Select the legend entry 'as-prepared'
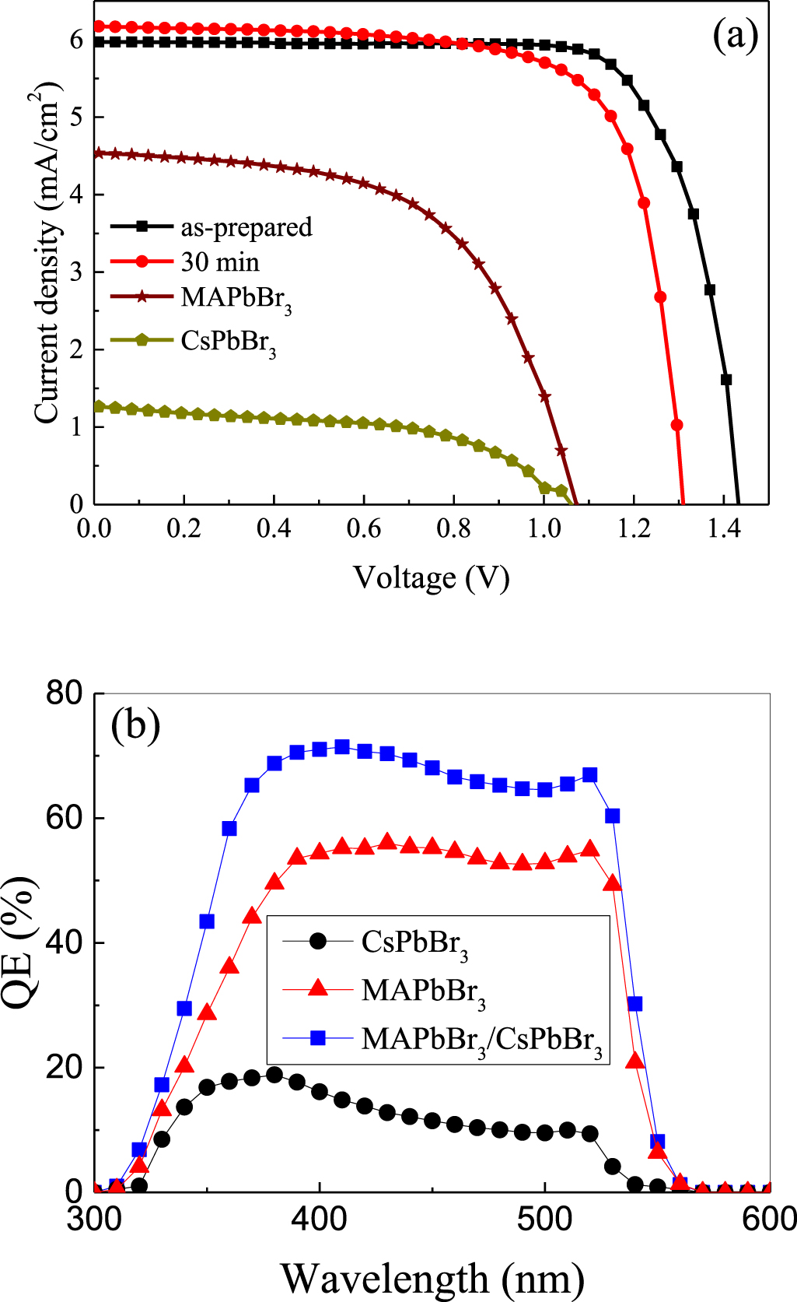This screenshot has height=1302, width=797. [246, 226]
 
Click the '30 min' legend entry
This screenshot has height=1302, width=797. [220, 262]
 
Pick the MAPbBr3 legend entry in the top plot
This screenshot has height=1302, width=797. [236, 298]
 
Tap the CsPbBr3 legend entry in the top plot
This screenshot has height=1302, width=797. [229, 342]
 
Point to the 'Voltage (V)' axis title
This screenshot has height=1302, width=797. [432, 577]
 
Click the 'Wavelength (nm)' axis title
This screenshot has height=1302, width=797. [432, 1277]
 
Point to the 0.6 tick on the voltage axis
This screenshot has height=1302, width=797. [364, 529]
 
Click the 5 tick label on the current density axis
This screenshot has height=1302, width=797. [76, 117]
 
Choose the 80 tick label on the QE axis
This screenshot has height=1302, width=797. [64, 693]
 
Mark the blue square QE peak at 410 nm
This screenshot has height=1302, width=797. [342, 747]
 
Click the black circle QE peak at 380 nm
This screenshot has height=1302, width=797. [274, 1075]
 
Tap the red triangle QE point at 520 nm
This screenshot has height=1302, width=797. [590, 848]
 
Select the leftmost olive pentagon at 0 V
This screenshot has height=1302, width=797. [98, 406]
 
